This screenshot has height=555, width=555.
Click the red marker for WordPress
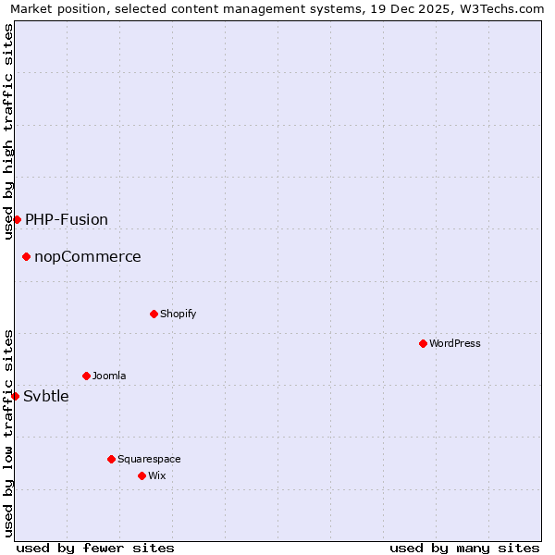(423, 343)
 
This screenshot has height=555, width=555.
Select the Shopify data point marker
(154, 314)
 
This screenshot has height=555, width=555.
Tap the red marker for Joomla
(86, 376)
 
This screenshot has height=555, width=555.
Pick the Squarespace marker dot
(111, 459)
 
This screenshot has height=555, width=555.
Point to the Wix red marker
(142, 475)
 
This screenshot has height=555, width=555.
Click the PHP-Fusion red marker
(17, 219)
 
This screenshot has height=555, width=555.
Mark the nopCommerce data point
(26, 256)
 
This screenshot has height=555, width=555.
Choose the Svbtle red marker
(15, 396)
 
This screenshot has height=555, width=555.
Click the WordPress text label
(455, 343)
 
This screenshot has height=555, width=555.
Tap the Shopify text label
(179, 314)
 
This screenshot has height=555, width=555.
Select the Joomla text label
(109, 376)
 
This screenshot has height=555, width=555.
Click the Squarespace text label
(149, 459)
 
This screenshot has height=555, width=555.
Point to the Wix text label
(156, 475)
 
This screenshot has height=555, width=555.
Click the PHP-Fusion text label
(67, 219)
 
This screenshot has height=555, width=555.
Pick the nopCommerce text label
(88, 256)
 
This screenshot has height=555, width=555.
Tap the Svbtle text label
(46, 396)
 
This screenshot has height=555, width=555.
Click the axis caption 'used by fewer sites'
(95, 548)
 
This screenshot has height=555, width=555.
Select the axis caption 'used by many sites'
(464, 548)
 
